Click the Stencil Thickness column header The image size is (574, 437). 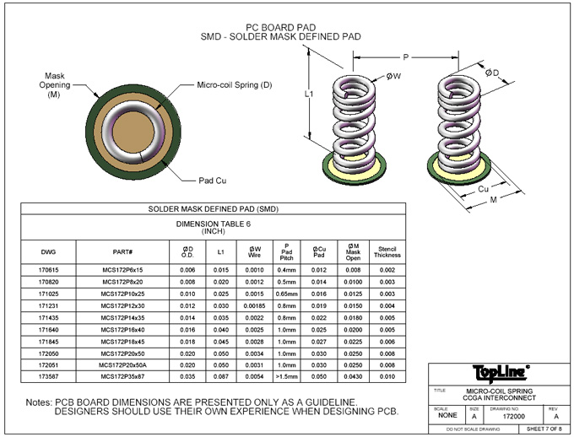click(x=387, y=251)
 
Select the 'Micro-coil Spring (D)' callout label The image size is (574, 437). click(x=235, y=84)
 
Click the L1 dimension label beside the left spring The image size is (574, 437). click(x=309, y=94)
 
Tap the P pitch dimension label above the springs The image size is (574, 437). click(x=405, y=57)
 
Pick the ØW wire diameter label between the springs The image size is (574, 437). click(x=393, y=76)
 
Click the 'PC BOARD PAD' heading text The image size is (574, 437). click(x=276, y=26)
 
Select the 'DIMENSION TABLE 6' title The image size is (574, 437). click(x=213, y=224)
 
